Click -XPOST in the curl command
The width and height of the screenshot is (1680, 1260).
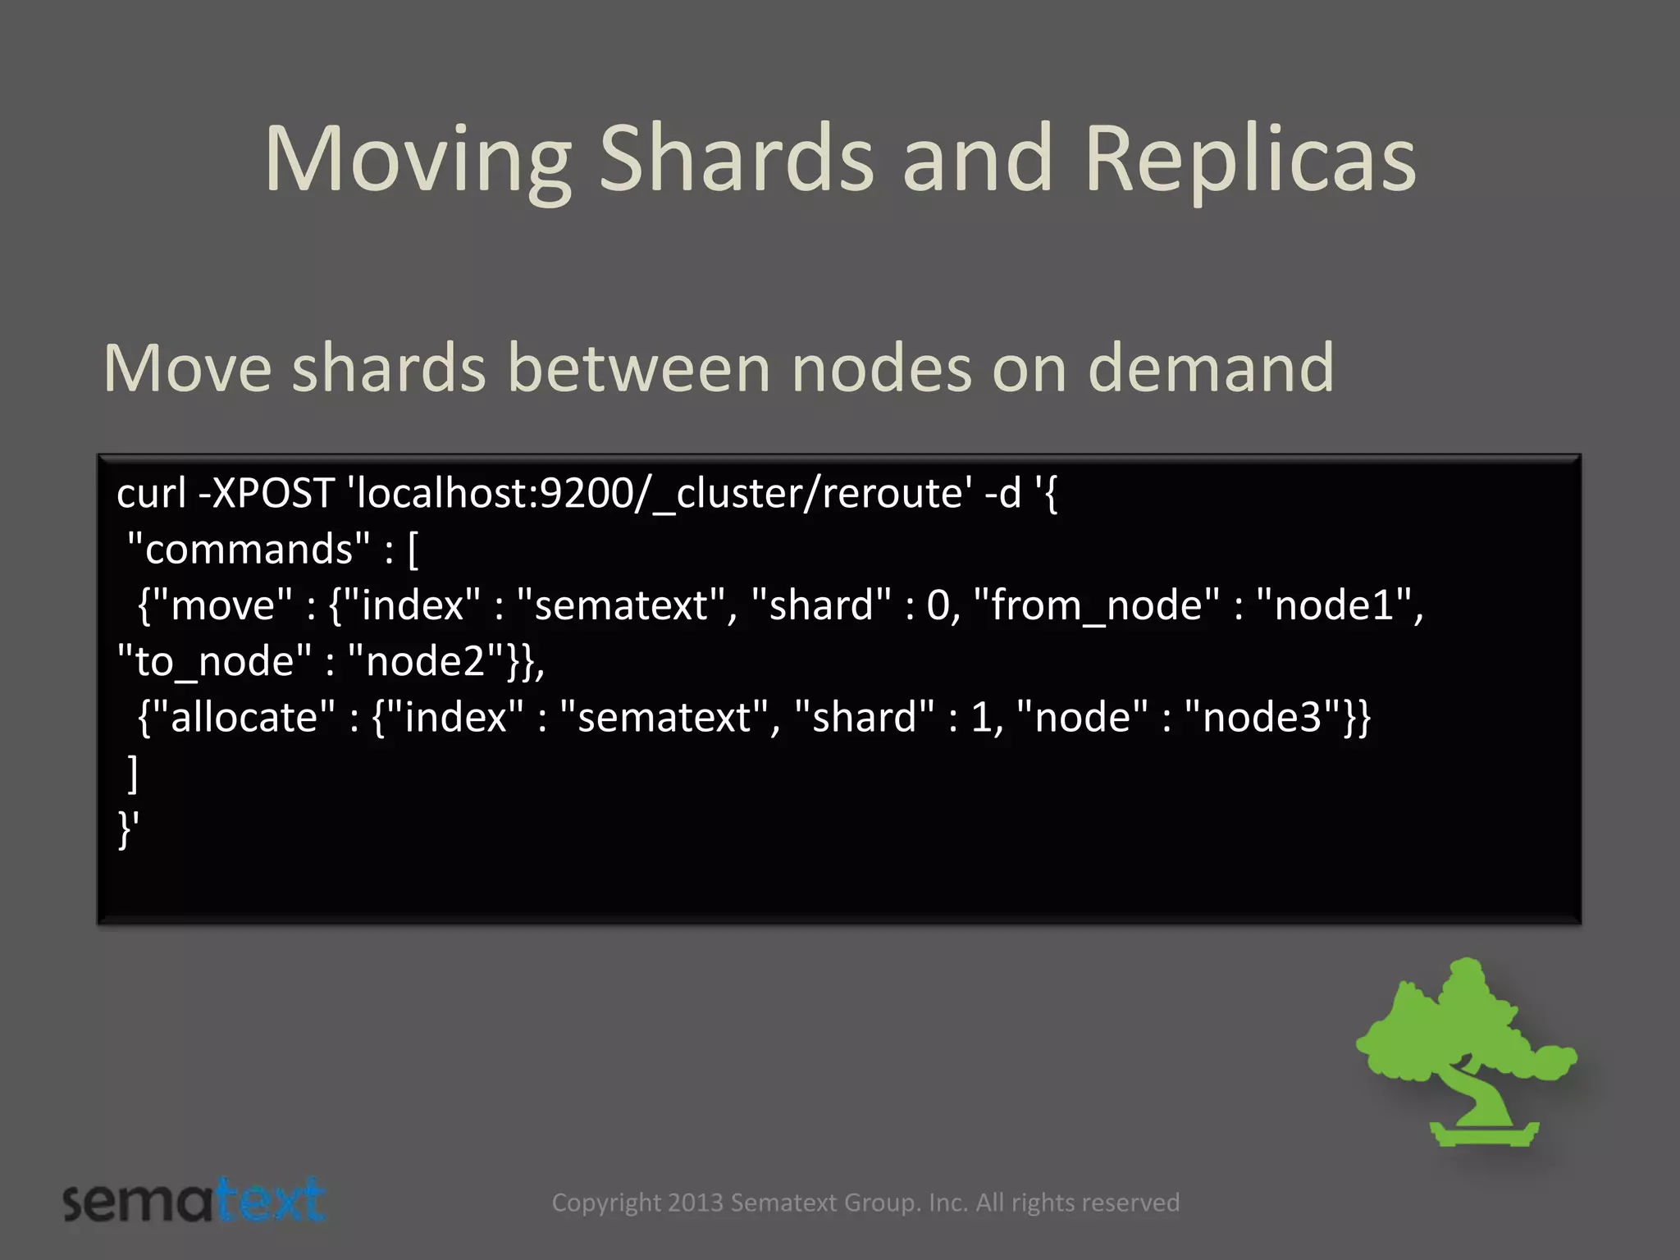pos(266,494)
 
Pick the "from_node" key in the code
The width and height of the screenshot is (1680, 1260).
pos(1096,605)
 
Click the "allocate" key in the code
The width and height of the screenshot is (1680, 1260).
pos(243,718)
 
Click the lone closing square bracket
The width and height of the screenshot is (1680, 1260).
pos(133,774)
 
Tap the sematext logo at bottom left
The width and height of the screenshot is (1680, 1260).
pos(194,1201)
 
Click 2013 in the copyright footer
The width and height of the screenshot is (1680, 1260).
pos(696,1203)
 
